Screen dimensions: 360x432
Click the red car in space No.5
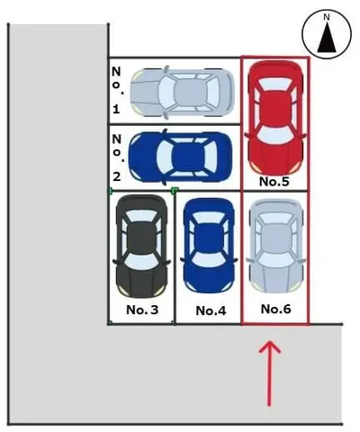click(x=275, y=117)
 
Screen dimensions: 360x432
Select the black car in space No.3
click(x=141, y=246)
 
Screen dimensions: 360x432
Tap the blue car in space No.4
click(x=209, y=245)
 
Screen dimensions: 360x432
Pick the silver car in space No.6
click(x=275, y=246)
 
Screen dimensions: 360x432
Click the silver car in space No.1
click(x=182, y=92)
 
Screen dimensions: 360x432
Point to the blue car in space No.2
click(x=180, y=157)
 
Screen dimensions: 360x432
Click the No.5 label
click(x=274, y=182)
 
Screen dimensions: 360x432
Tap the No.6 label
click(x=275, y=309)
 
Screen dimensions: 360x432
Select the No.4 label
click(x=211, y=310)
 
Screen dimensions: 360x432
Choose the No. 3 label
click(x=142, y=310)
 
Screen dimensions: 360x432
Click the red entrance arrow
click(x=270, y=373)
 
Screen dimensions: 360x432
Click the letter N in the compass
click(x=327, y=18)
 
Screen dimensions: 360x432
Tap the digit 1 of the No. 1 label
click(x=116, y=109)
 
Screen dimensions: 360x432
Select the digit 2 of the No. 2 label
click(x=117, y=176)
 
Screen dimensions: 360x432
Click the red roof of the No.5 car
click(x=275, y=110)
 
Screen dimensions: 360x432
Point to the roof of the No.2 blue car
click(x=186, y=157)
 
